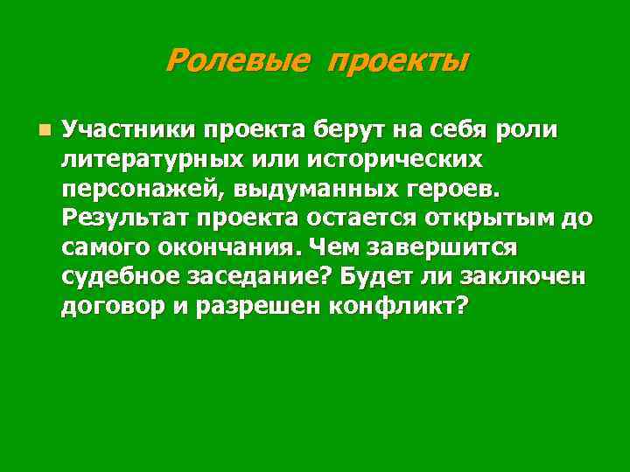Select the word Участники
(x=128, y=132)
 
